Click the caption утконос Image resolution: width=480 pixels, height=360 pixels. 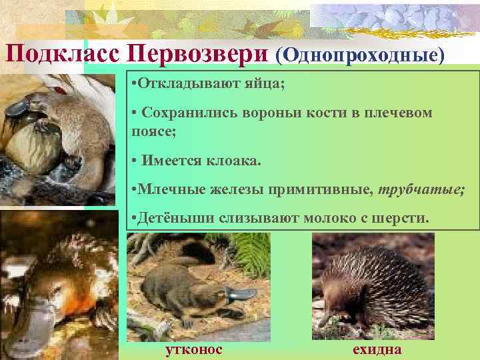(194, 350)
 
